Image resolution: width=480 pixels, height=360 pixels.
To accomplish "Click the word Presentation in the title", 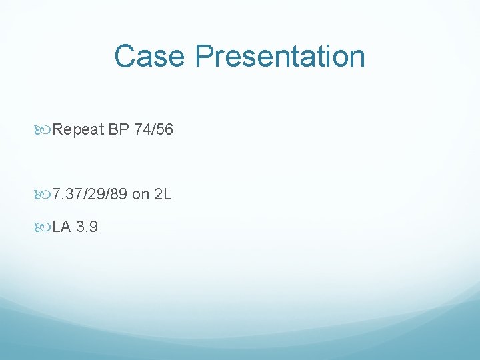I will click(x=280, y=56).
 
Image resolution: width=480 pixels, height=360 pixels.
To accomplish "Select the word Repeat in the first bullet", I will click(x=79, y=130).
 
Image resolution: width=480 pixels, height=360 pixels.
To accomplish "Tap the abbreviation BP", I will click(x=119, y=130).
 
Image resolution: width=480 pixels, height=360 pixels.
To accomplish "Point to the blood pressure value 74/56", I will click(x=153, y=130).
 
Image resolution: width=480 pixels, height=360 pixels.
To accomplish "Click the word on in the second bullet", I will click(x=141, y=195).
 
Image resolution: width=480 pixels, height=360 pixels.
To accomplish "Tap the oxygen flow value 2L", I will click(x=163, y=195).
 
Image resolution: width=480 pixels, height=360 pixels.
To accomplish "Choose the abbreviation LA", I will click(x=61, y=227).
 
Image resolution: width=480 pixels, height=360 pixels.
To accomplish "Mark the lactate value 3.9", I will click(x=87, y=227).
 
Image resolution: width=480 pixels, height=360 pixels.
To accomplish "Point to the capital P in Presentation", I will click(x=204, y=56).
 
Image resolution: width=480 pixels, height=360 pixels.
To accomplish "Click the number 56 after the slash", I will click(x=165, y=130).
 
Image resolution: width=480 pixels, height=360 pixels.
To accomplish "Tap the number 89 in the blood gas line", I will click(x=118, y=195).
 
